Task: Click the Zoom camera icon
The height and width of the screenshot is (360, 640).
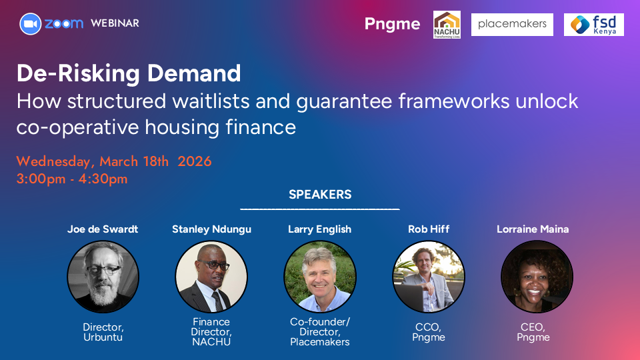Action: pyautogui.click(x=31, y=24)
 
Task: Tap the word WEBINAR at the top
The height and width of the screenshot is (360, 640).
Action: pyautogui.click(x=115, y=23)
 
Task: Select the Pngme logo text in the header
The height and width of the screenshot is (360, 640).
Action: pyautogui.click(x=392, y=24)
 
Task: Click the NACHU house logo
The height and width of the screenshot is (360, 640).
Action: pyautogui.click(x=447, y=25)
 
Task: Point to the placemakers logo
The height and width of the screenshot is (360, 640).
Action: pyautogui.click(x=512, y=25)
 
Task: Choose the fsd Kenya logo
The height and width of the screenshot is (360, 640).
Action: pyautogui.click(x=594, y=25)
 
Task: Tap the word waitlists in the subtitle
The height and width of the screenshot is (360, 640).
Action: pyautogui.click(x=211, y=101)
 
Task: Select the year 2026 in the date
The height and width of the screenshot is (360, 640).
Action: pyautogui.click(x=194, y=161)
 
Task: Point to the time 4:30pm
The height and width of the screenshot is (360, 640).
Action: pyautogui.click(x=103, y=179)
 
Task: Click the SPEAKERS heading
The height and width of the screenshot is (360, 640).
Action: pyautogui.click(x=320, y=194)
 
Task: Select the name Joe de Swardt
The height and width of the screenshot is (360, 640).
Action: pyautogui.click(x=103, y=229)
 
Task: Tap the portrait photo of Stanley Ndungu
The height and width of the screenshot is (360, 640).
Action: pyautogui.click(x=211, y=277)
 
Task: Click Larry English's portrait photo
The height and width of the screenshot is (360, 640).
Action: pyautogui.click(x=320, y=277)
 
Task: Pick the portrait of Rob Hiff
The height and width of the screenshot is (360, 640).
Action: pyautogui.click(x=429, y=277)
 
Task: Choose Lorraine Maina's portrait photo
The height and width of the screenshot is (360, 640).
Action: pyautogui.click(x=537, y=277)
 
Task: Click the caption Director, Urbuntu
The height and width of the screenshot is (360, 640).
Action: pyautogui.click(x=103, y=332)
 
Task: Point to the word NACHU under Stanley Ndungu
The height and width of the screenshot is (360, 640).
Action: pyautogui.click(x=211, y=342)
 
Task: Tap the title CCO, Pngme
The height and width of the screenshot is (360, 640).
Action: pyautogui.click(x=429, y=332)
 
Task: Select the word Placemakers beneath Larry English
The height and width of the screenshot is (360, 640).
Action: pyautogui.click(x=320, y=342)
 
